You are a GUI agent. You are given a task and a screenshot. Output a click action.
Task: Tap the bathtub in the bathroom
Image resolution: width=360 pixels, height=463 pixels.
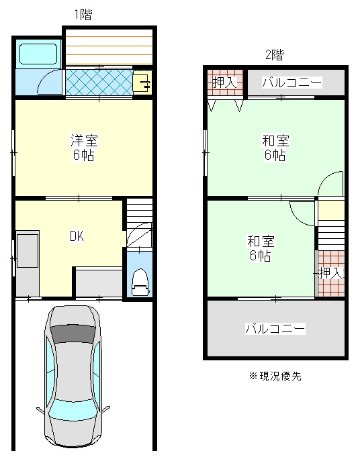[38, 53]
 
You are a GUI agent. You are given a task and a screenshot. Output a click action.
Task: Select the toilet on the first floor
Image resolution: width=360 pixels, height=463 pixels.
[140, 282]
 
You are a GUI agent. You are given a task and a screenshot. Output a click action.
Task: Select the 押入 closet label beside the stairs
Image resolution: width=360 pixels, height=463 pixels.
[331, 273]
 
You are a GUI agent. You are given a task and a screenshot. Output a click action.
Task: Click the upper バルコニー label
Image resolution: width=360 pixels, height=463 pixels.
[291, 83]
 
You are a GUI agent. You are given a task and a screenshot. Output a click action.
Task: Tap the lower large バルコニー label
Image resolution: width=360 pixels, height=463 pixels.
[275, 329]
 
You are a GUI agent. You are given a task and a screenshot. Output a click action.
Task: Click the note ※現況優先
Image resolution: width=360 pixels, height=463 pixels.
[275, 376]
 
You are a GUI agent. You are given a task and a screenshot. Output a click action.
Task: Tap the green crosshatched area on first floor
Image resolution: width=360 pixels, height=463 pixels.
[99, 83]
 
